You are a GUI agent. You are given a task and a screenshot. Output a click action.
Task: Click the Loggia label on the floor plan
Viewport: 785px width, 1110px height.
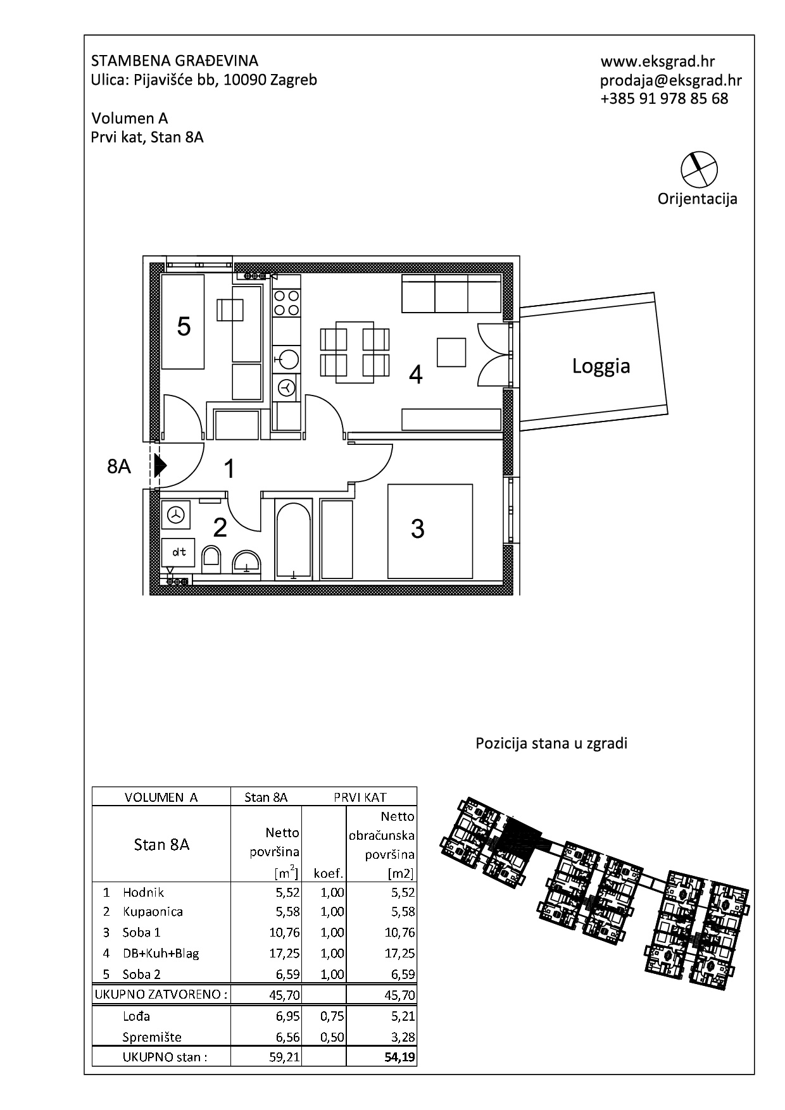pos(601,366)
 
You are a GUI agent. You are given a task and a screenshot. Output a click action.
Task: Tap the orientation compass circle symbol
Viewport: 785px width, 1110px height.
pos(698,169)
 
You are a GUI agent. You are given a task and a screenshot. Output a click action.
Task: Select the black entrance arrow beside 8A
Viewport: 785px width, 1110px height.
pos(160,466)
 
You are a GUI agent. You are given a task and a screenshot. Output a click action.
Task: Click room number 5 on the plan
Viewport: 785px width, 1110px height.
pos(184,327)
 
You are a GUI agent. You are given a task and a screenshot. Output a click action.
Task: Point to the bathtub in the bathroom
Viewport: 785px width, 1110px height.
pos(294,539)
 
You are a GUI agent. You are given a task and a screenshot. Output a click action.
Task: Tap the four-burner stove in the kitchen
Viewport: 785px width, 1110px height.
pos(286,302)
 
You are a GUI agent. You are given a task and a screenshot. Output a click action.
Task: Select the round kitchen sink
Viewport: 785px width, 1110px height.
pos(287,359)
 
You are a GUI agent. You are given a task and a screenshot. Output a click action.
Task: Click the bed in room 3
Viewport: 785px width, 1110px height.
pos(430,531)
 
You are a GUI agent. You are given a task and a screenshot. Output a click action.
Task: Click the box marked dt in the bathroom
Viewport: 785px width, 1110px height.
pos(179,552)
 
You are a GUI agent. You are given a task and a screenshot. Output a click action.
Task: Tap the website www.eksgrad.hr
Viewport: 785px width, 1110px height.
pos(658,61)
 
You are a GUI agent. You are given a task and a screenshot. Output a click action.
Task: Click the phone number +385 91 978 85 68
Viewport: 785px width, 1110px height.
pos(664,99)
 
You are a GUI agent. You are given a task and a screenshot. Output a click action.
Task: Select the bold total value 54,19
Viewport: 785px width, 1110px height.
pos(400,1056)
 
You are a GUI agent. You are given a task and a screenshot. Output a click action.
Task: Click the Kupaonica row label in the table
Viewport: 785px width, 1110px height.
pos(153,911)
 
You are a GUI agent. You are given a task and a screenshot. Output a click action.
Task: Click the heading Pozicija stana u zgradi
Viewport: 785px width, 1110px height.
pos(551,743)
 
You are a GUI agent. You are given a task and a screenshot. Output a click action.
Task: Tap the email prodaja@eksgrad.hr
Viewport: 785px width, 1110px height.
pos(671,80)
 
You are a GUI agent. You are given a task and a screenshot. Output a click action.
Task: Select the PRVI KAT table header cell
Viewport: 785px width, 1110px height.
pos(360,797)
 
